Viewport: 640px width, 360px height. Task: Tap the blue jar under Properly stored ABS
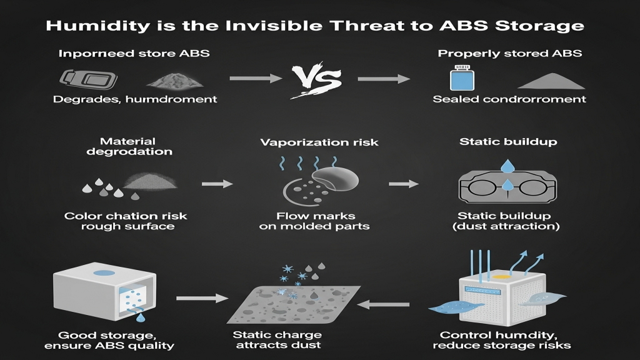[462, 77]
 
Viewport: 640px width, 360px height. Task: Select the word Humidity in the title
[98, 26]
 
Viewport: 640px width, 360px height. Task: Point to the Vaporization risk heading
[319, 142]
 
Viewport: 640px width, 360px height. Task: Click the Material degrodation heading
[129, 146]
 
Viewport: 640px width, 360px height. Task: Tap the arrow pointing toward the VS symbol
[256, 78]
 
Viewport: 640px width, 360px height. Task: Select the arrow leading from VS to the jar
[384, 79]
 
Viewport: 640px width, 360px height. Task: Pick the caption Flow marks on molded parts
[314, 221]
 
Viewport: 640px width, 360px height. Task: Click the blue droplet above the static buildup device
[507, 166]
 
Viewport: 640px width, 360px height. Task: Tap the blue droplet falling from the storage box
[141, 317]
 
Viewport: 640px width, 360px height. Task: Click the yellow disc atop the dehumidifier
[502, 276]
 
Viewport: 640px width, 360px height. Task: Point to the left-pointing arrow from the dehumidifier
[383, 304]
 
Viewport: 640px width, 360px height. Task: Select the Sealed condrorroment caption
[509, 99]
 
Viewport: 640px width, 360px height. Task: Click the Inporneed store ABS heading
[134, 54]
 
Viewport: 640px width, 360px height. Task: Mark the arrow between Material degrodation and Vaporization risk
[217, 184]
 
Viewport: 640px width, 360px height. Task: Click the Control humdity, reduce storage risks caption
[502, 341]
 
